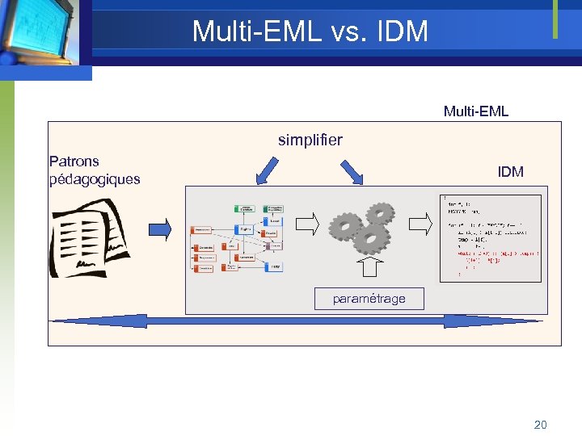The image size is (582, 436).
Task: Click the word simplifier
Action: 310,140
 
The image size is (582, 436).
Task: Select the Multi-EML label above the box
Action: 475,111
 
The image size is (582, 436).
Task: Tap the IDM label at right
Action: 510,171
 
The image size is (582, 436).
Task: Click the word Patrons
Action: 74,161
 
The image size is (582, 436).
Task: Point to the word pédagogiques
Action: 95,179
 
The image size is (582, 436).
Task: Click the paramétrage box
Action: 369,299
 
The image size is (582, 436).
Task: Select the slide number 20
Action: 540,424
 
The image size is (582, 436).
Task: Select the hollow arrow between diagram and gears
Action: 309,224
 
